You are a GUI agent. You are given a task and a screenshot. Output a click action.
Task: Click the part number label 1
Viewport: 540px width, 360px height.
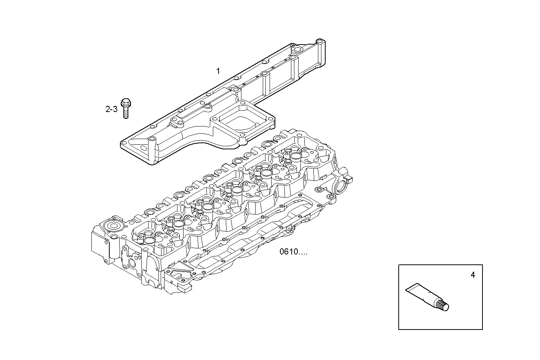click(218, 71)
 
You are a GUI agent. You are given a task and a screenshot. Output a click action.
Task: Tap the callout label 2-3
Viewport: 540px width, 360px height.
click(111, 110)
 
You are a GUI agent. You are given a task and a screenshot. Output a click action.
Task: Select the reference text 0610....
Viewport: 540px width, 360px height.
click(293, 252)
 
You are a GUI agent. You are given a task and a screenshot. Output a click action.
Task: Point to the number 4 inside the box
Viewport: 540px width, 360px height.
click(473, 275)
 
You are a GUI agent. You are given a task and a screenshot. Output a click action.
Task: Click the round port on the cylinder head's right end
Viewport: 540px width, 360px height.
click(341, 187)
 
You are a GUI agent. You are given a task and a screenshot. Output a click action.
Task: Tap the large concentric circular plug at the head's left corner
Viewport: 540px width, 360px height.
click(114, 227)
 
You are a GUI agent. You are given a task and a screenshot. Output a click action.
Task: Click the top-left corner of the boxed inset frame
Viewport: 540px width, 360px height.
click(399, 265)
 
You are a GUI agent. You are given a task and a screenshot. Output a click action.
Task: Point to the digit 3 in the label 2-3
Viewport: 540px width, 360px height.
click(115, 110)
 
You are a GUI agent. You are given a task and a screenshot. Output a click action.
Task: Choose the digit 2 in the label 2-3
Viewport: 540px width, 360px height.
click(107, 110)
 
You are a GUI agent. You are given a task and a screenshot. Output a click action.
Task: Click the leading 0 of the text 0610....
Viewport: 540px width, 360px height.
click(282, 252)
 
